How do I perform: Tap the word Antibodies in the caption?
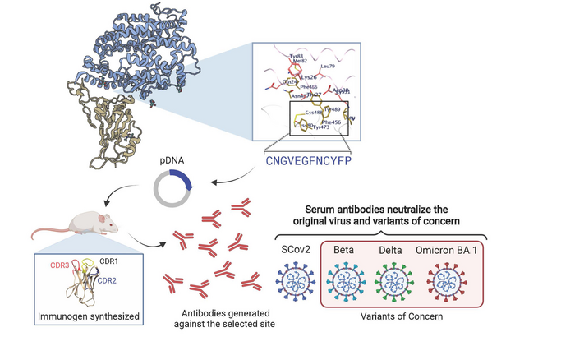tap(207, 312)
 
